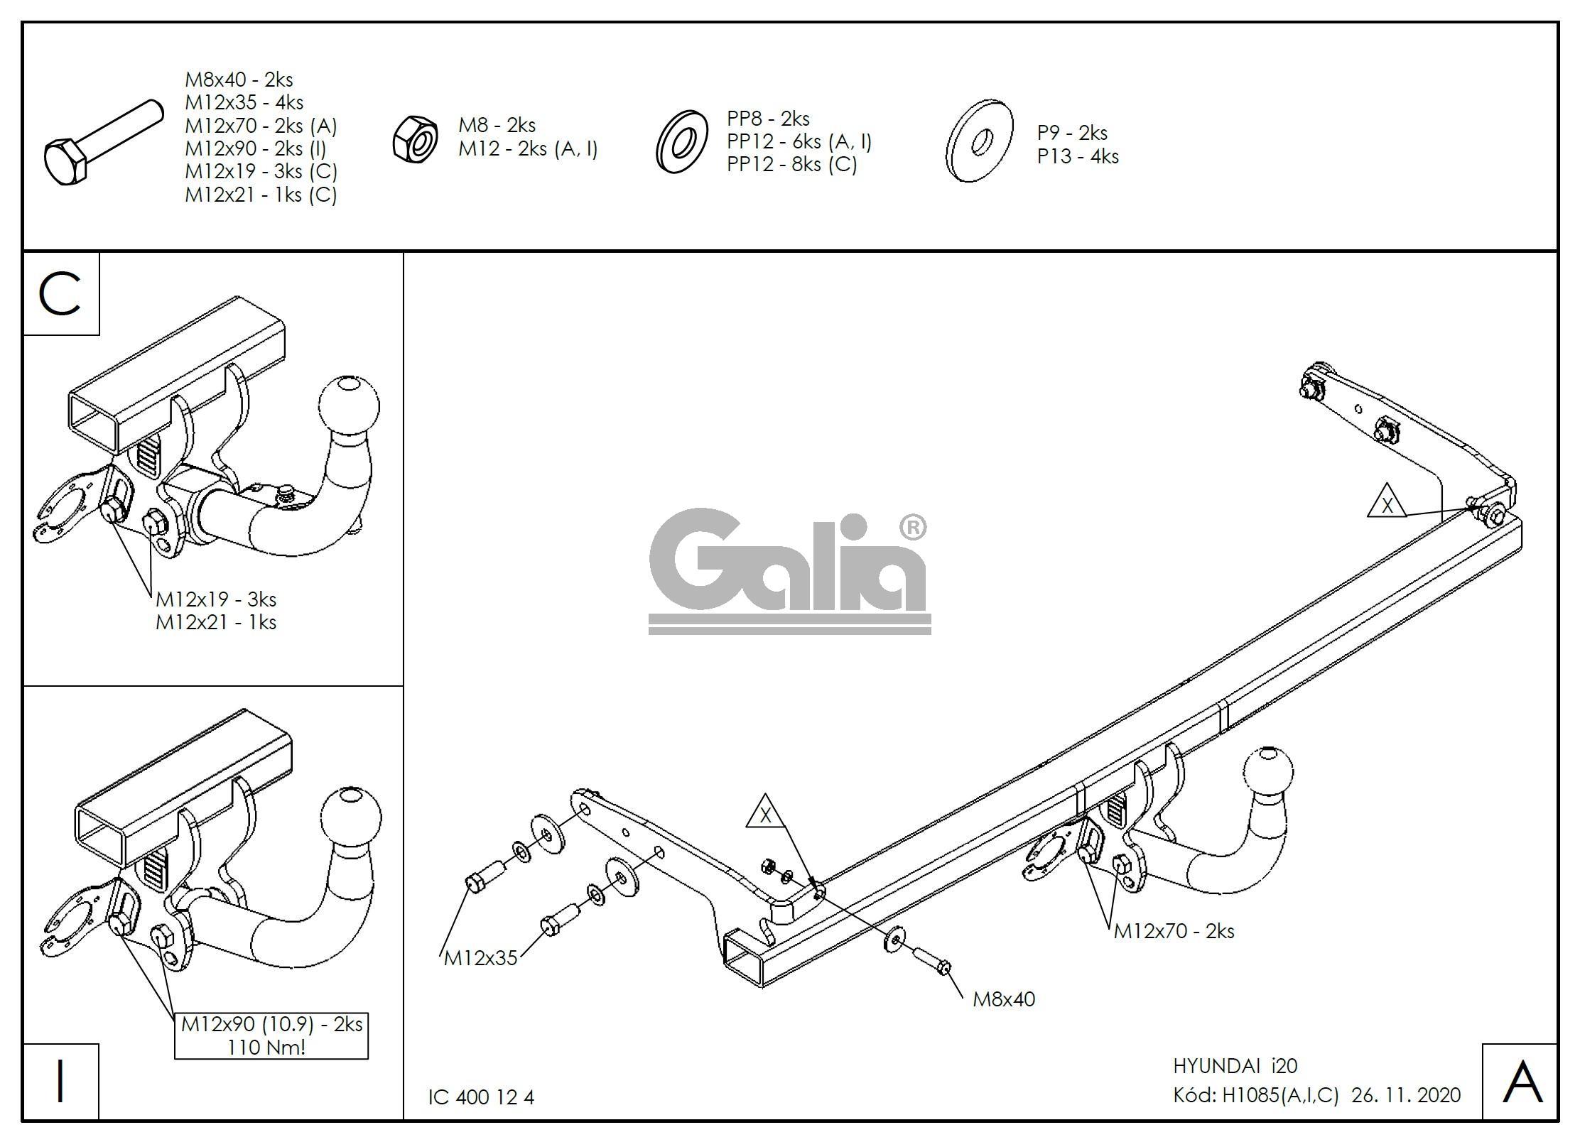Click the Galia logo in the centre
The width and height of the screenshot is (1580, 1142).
tap(789, 568)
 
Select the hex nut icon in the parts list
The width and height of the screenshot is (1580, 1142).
tap(416, 138)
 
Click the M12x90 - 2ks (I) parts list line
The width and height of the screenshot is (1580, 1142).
tap(255, 148)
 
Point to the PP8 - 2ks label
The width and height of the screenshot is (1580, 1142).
tap(768, 118)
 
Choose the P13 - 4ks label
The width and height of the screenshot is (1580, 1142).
tap(1077, 156)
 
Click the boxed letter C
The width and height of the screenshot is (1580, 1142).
tap(61, 294)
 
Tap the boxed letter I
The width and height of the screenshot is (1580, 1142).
tap(61, 1082)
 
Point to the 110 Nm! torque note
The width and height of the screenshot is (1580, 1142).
tap(266, 1047)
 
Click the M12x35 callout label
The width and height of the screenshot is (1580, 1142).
tap(480, 958)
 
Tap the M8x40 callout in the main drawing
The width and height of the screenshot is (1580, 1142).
tap(1003, 999)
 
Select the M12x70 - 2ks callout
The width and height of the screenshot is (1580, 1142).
tap(1173, 930)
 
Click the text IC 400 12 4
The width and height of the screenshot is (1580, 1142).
tap(480, 1097)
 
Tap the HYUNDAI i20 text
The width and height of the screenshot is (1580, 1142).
tap(1235, 1065)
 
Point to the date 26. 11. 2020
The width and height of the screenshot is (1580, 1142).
tap(1405, 1095)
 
